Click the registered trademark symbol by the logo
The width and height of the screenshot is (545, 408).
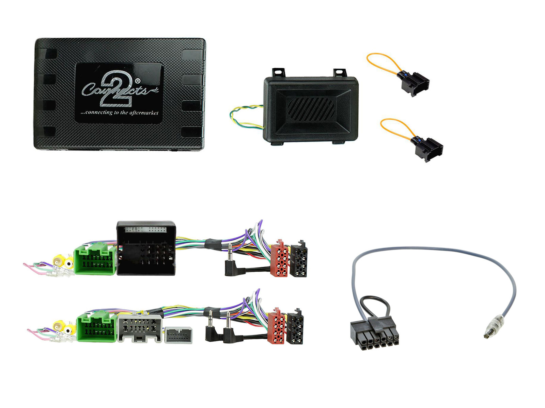(x=138, y=81)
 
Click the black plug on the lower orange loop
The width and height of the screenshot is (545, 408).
(x=426, y=148)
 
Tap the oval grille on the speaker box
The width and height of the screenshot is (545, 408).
(x=311, y=109)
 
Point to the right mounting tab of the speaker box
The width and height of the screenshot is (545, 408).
(x=340, y=73)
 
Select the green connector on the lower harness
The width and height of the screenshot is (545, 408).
(x=97, y=326)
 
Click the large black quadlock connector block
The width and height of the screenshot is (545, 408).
(x=146, y=248)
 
